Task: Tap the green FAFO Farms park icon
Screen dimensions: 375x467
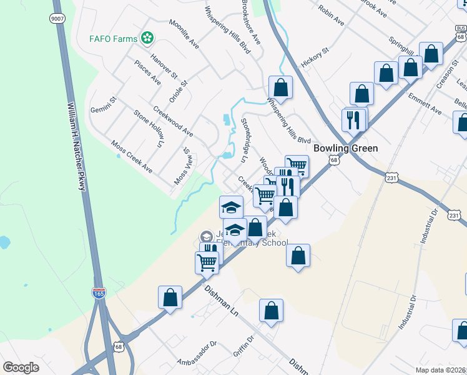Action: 147,39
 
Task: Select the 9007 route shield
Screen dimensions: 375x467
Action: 57,19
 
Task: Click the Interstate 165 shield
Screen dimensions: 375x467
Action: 99,292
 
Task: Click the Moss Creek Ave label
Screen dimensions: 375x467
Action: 132,156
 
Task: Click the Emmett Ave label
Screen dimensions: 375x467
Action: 425,104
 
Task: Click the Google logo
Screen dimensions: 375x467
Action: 21,367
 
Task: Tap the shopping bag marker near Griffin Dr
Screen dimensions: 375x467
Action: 271,311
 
